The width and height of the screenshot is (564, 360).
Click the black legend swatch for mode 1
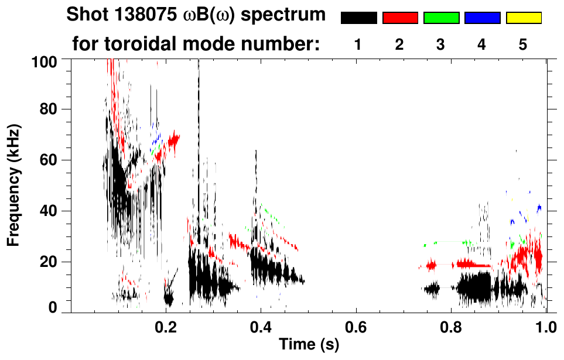click(x=358, y=18)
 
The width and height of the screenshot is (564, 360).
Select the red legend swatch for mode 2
click(x=400, y=18)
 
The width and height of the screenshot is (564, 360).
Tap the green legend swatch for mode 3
click(x=441, y=18)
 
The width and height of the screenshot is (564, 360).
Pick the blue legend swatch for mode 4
click(x=482, y=18)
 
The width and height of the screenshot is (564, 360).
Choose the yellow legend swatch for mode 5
click(x=524, y=18)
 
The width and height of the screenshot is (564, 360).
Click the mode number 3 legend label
click(x=441, y=44)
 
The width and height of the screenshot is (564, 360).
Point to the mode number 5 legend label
click(x=523, y=44)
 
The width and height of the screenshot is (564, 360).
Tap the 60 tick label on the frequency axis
click(x=47, y=160)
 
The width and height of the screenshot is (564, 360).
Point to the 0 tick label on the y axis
click(x=52, y=307)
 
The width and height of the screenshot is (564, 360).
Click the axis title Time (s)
click(x=308, y=345)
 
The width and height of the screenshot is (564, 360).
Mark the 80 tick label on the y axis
click(x=47, y=109)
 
